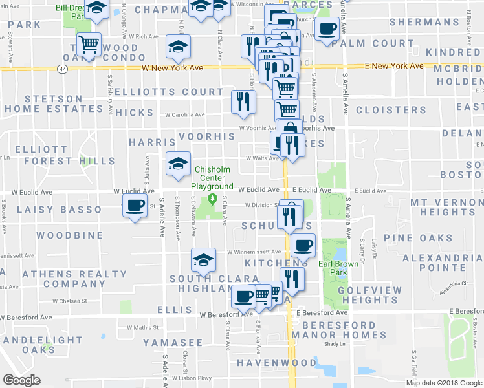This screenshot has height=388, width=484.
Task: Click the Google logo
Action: tap(21, 380)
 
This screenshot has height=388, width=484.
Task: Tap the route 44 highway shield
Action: tap(61, 68)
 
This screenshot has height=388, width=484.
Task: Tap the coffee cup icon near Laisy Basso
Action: tap(135, 206)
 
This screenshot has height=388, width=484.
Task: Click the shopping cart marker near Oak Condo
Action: tap(89, 45)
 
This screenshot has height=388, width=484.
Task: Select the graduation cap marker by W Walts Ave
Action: tap(178, 164)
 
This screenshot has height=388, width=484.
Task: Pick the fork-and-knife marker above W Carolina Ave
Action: tap(243, 102)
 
